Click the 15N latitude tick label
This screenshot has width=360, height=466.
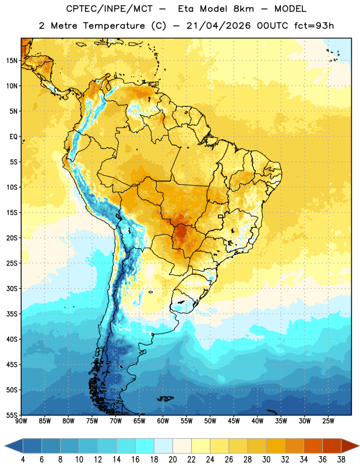12,61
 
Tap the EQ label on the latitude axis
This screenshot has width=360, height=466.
13,137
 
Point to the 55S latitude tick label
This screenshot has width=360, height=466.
12,415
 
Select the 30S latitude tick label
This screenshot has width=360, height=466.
12,288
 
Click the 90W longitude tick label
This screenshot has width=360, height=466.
21,421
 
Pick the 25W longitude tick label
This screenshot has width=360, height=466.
328,421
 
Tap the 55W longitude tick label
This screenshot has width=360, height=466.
186,421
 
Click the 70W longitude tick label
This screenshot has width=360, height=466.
116,421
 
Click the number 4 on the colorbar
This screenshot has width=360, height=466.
23,460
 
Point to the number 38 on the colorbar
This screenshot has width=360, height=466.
341,460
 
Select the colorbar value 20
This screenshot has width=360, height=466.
172,460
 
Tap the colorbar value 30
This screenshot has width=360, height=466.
266,460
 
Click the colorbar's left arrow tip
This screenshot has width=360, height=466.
5,446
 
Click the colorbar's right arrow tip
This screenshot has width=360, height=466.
359,446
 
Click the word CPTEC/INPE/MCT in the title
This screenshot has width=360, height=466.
109,9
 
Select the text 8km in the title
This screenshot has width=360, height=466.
243,9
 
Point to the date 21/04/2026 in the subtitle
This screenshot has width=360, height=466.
218,26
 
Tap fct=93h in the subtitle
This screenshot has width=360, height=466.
314,26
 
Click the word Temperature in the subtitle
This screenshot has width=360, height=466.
114,26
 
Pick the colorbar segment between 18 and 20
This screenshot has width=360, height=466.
164,446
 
